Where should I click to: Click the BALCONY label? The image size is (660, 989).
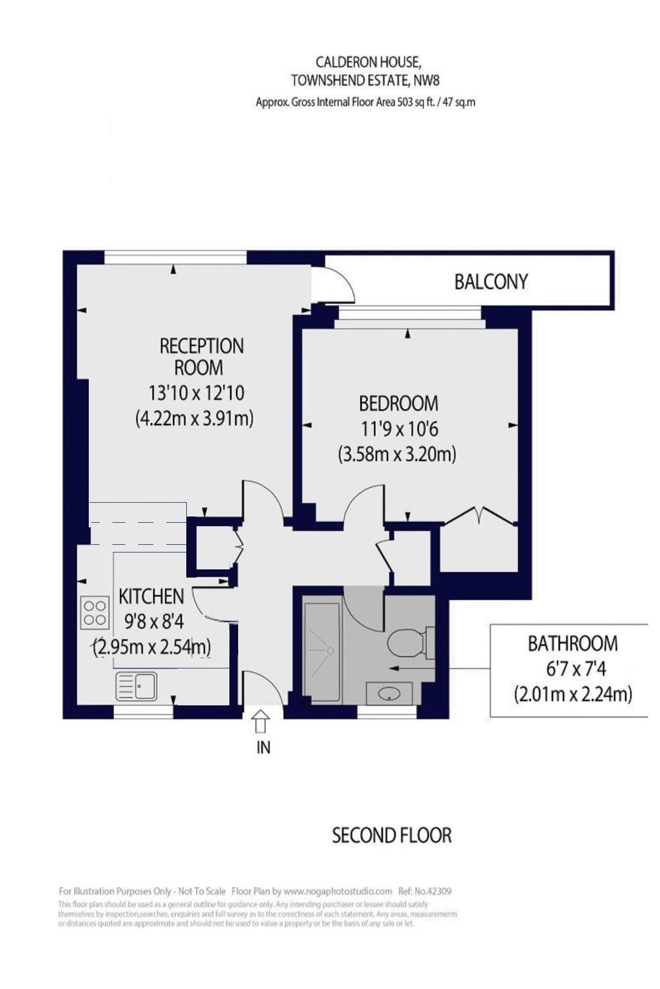click(x=491, y=282)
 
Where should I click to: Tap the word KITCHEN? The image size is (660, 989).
click(x=151, y=597)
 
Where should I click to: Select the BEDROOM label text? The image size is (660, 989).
click(x=398, y=404)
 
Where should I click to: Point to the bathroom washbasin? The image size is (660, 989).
click(x=390, y=694)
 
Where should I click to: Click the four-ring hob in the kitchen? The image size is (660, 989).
click(x=95, y=612)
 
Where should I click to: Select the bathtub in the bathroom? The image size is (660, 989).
click(x=321, y=652)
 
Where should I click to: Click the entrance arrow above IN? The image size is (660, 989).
click(x=261, y=721)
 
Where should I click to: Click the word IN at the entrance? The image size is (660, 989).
click(x=263, y=747)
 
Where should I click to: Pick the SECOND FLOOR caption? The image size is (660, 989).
click(x=392, y=836)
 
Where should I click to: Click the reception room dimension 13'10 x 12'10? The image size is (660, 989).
click(x=196, y=393)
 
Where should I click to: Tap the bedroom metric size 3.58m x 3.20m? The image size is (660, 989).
click(x=397, y=454)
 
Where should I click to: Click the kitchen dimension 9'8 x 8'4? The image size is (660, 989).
click(x=154, y=622)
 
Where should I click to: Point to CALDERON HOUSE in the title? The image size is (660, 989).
click(x=368, y=63)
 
